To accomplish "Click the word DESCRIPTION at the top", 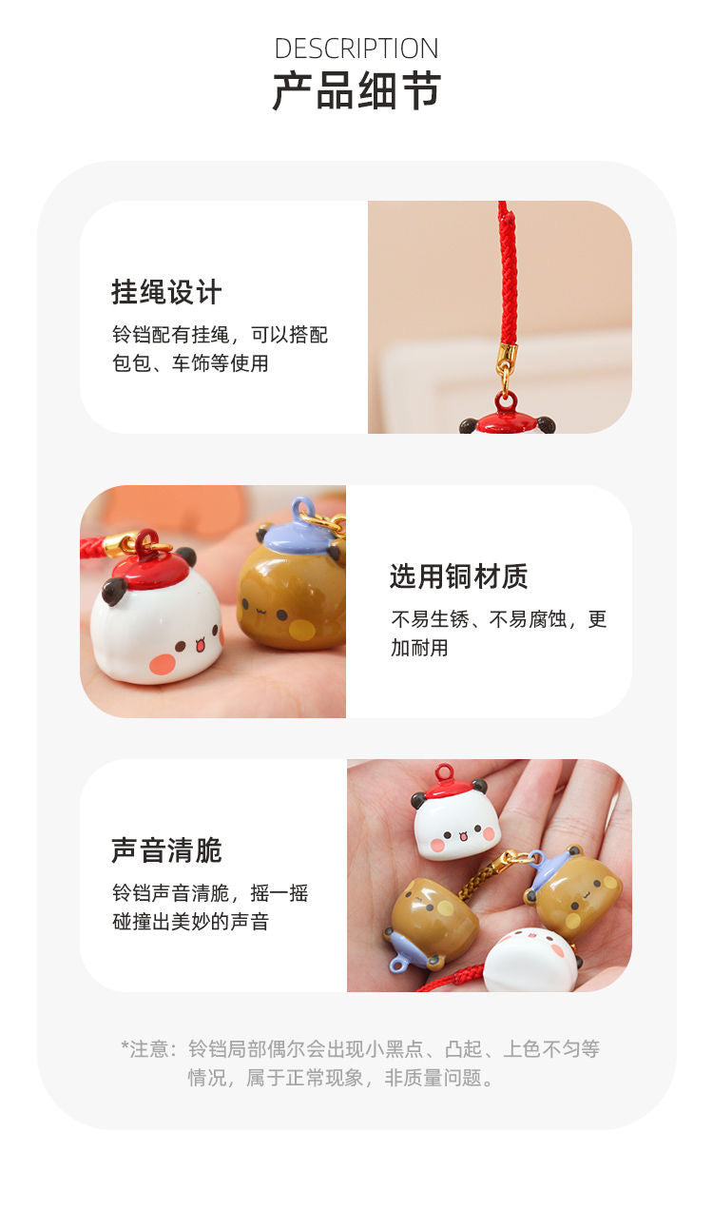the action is pos(356,49).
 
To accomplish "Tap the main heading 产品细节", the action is pos(356,90).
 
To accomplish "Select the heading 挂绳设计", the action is pos(166,292).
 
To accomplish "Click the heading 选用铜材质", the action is pos(459,576).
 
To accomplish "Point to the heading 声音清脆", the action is pos(166,850).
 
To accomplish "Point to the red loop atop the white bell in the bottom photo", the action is pos(445,772).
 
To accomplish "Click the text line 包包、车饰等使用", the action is pos(190,363).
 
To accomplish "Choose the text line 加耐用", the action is pos(419,647).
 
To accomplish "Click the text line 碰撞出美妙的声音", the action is pos(190,922).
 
